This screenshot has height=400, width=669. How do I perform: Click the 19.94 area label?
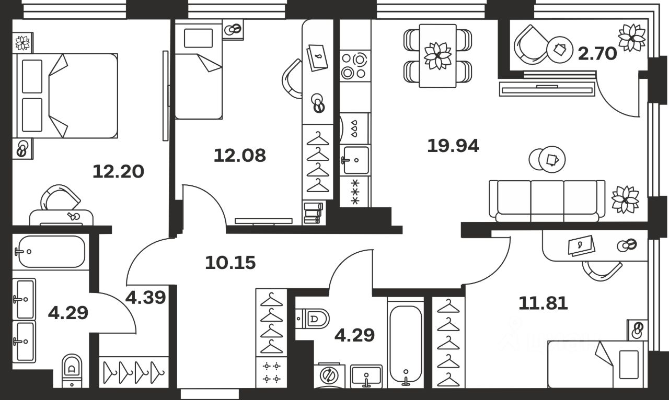click(x=453, y=146)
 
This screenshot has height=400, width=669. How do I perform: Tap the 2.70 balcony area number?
click(x=597, y=53)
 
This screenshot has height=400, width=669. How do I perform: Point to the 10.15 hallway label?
click(x=230, y=262)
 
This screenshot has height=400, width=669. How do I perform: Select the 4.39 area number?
click(x=146, y=298)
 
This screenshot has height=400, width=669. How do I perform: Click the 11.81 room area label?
click(x=543, y=302)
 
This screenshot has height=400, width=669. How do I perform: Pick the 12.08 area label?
click(x=240, y=155)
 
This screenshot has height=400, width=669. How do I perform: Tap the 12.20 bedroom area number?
click(x=118, y=171)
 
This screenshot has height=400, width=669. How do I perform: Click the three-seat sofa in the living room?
click(x=547, y=201)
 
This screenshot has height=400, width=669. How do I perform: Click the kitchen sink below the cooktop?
click(x=355, y=160)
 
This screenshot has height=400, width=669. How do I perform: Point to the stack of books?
click(x=313, y=213)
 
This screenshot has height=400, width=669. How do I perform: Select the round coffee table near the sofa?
click(x=546, y=159)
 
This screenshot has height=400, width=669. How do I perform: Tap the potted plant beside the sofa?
click(x=625, y=199)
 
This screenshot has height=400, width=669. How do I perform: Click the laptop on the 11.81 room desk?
click(x=581, y=245)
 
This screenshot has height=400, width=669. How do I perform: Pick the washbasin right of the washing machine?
click(x=366, y=375)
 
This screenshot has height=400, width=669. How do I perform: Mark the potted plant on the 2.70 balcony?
click(x=632, y=38)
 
